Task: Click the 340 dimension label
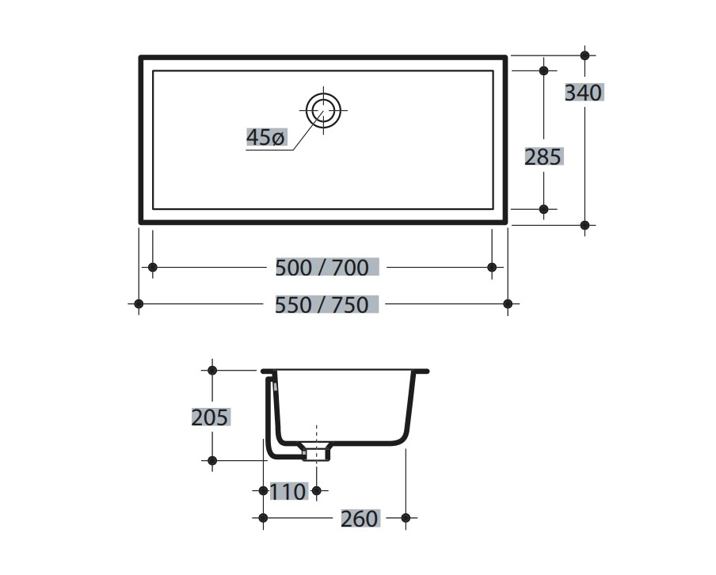point(584,93)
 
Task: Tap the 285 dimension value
point(543,157)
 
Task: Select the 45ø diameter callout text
point(266,137)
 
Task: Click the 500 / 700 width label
point(322,268)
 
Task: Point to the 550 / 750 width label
point(322,305)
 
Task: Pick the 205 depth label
point(210,417)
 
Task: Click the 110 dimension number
point(288,491)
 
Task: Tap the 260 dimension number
point(360,518)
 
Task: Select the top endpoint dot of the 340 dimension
point(585,55)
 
